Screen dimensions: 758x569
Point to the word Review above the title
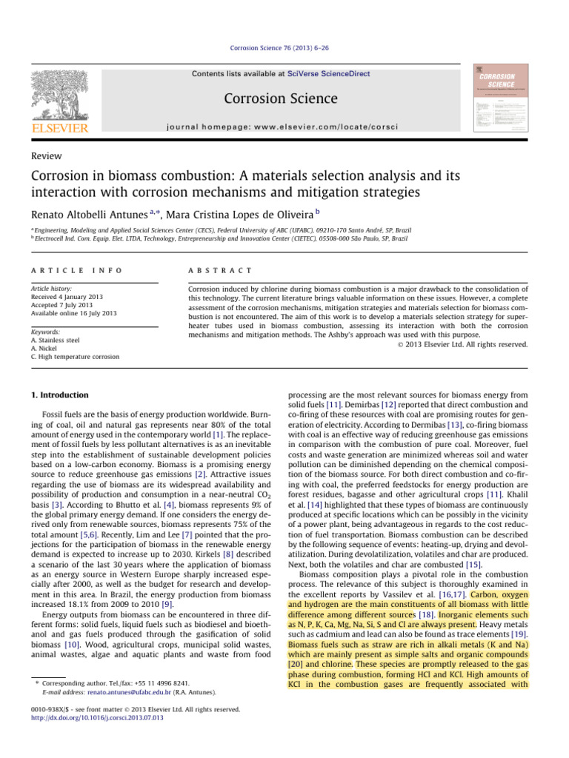point(44,156)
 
